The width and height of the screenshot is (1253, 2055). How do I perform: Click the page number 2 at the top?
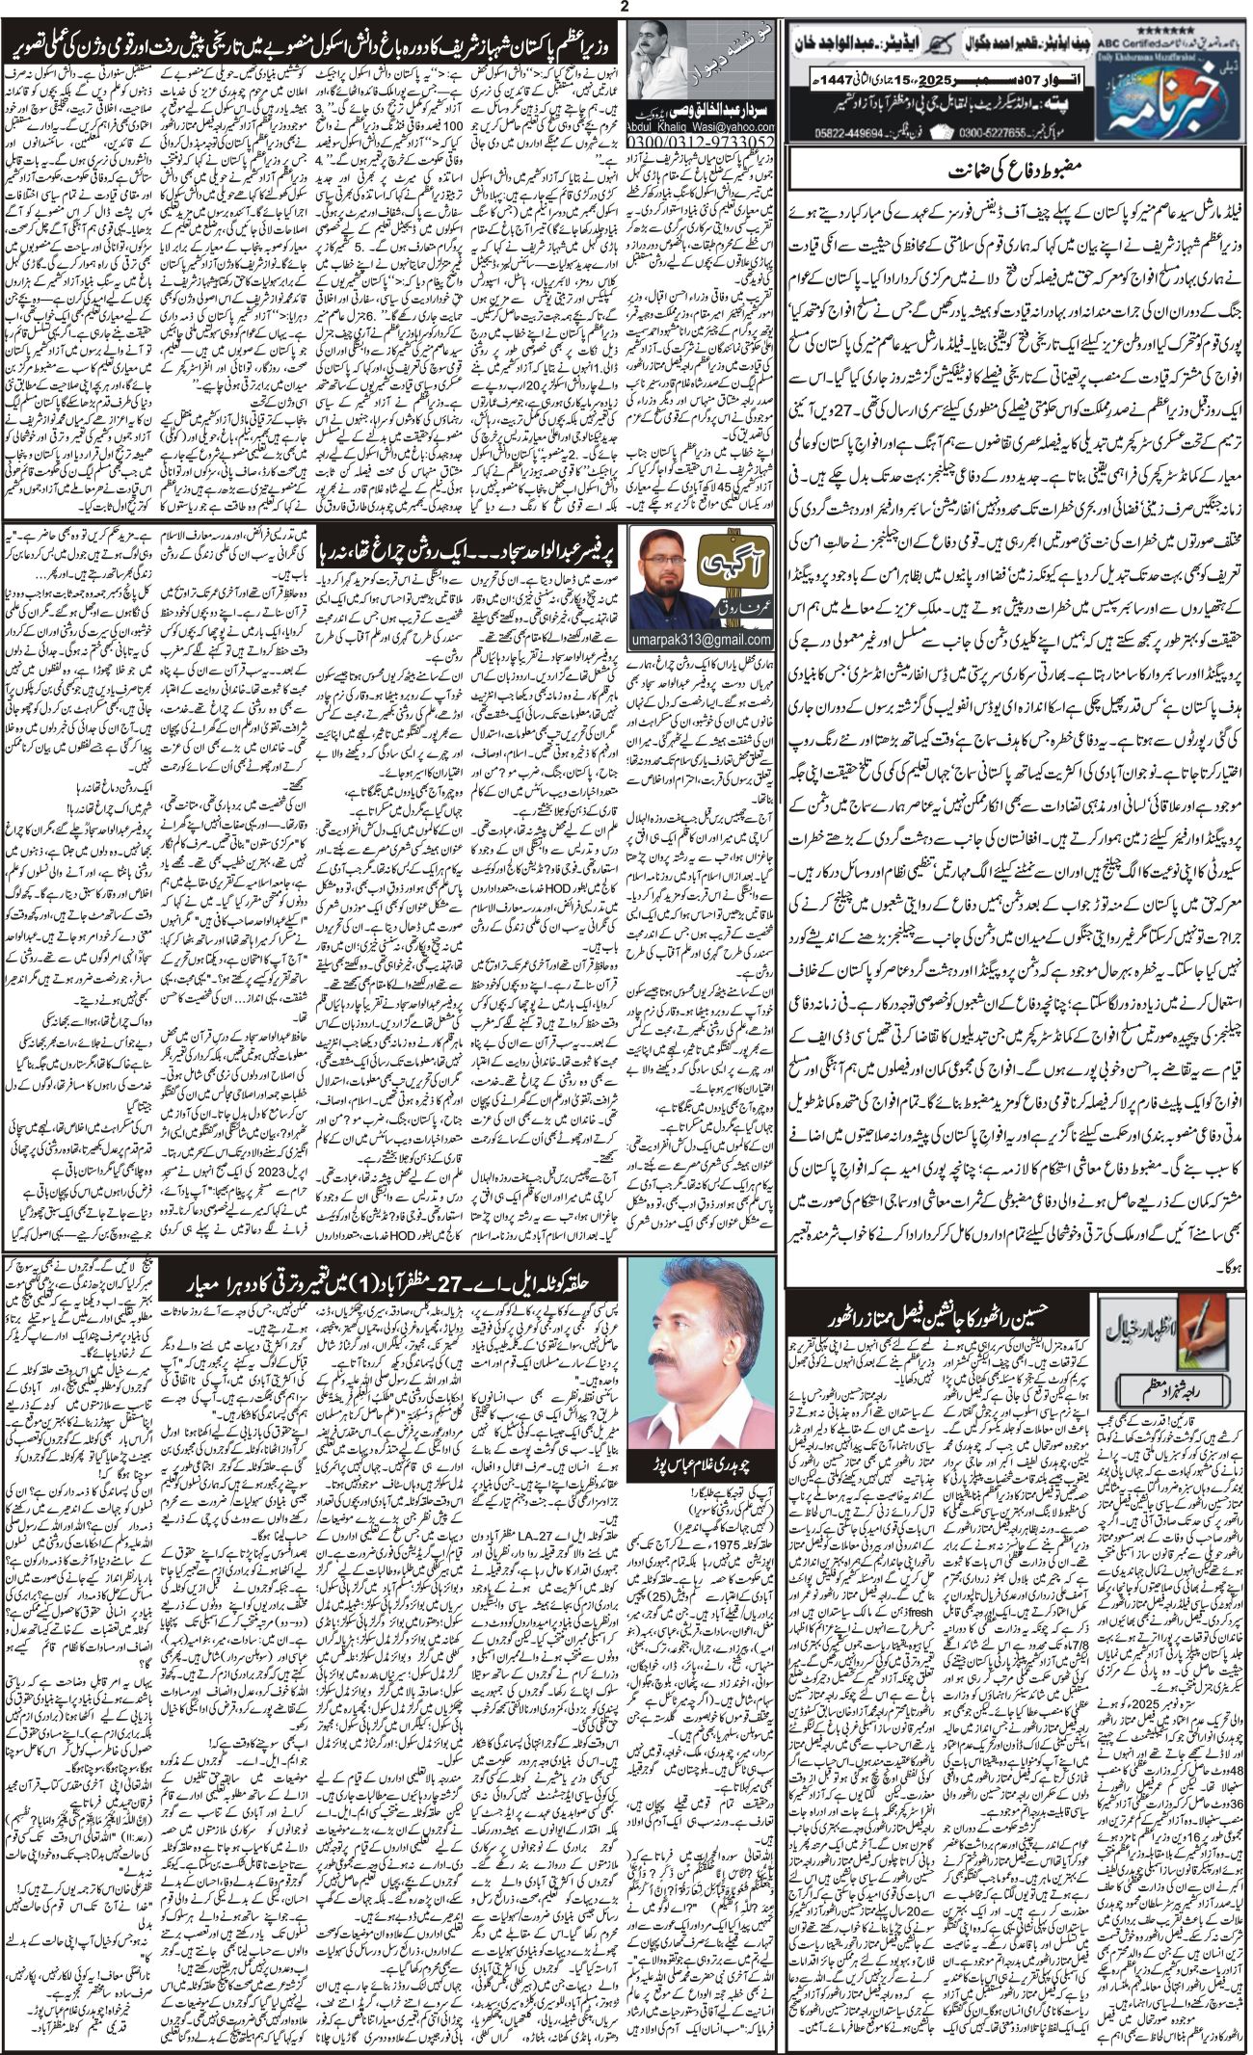point(626,8)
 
